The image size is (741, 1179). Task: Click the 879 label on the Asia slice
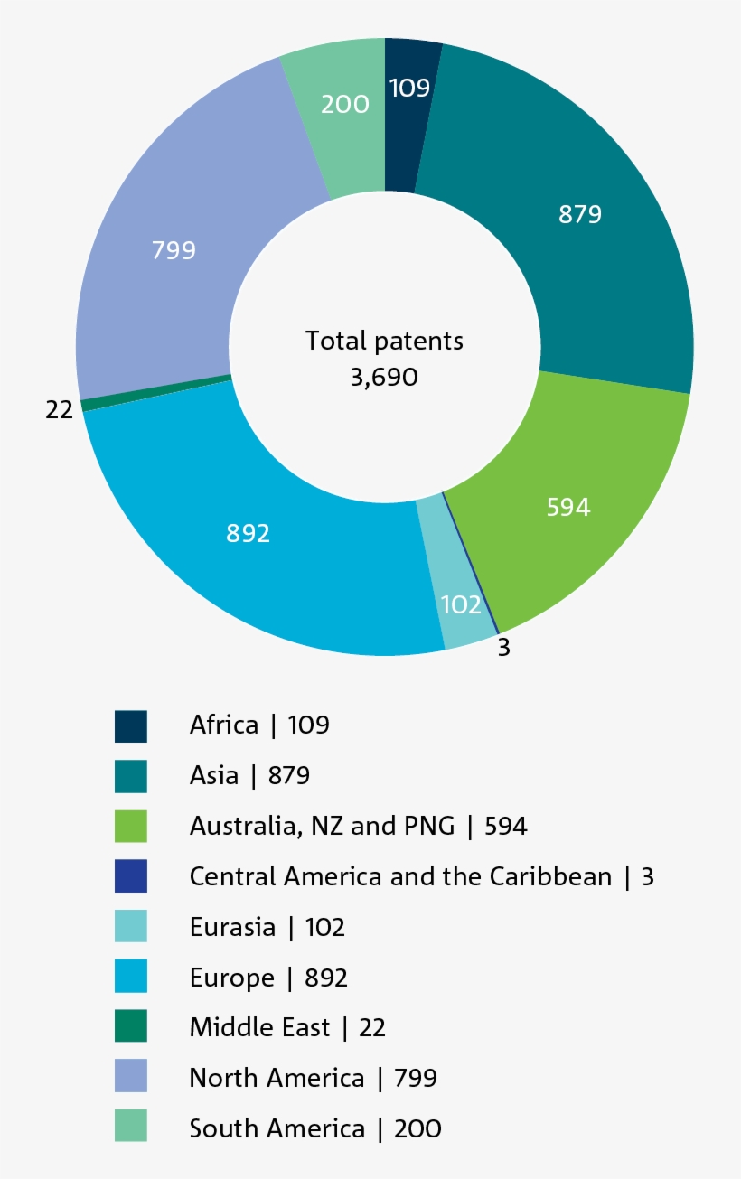pyautogui.click(x=579, y=214)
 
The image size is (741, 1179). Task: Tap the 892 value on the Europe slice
pyautogui.click(x=248, y=533)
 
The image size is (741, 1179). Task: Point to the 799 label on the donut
pyautogui.click(x=174, y=249)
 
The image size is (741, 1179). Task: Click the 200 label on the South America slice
pyautogui.click(x=345, y=104)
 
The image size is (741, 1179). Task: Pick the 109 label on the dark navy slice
pyautogui.click(x=409, y=88)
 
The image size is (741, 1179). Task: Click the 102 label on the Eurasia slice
pyautogui.click(x=461, y=604)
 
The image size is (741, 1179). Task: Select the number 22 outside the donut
pyautogui.click(x=59, y=409)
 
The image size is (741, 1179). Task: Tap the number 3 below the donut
pyautogui.click(x=504, y=648)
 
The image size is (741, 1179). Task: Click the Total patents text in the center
pyautogui.click(x=384, y=341)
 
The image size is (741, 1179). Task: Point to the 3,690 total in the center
pyautogui.click(x=384, y=377)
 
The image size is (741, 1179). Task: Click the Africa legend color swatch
pyautogui.click(x=131, y=725)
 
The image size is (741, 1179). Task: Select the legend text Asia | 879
pyautogui.click(x=249, y=775)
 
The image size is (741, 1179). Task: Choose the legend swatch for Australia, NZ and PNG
pyautogui.click(x=131, y=827)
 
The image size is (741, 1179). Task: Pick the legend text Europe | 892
pyautogui.click(x=268, y=978)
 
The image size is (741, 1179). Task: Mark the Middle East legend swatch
pyautogui.click(x=131, y=1027)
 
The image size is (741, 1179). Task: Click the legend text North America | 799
pyautogui.click(x=313, y=1078)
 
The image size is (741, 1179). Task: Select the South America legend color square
pyautogui.click(x=131, y=1128)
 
